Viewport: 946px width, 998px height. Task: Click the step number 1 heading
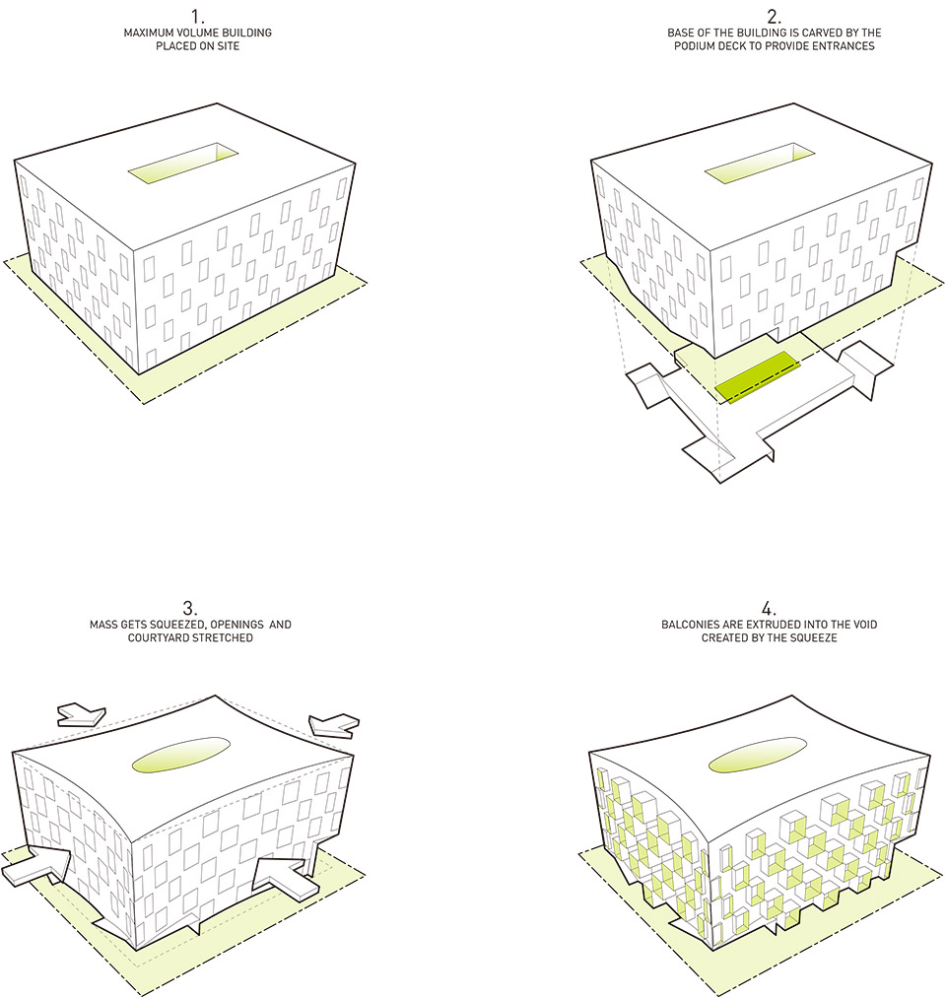(197, 17)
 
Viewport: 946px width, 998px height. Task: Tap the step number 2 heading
(775, 17)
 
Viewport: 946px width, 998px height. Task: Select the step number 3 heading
(190, 608)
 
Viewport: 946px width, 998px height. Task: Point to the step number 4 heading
(769, 608)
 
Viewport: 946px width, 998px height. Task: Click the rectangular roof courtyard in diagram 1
(183, 165)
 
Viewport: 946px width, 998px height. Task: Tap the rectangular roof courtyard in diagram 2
(760, 165)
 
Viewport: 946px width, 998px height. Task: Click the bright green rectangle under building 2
(757, 377)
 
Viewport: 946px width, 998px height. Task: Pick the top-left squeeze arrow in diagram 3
(82, 715)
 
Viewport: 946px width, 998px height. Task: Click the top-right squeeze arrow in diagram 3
(334, 725)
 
